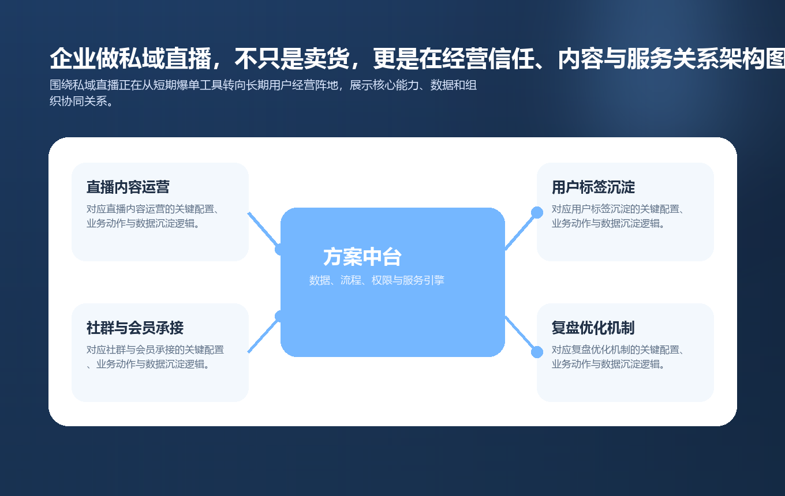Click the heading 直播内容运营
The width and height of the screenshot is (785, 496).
tap(128, 187)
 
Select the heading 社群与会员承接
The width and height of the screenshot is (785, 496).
tap(134, 328)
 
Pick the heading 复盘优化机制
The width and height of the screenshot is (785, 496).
tap(593, 328)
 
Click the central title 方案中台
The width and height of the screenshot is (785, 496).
tap(362, 257)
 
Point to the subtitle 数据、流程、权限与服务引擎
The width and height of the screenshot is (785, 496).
tap(376, 280)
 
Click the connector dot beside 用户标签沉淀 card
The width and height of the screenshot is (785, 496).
tap(537, 212)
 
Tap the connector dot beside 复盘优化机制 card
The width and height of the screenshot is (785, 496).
tap(537, 352)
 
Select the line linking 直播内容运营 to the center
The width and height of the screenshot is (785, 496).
tap(263, 229)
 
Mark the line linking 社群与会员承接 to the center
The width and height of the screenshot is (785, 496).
tap(263, 335)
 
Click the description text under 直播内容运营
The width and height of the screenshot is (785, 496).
tap(156, 216)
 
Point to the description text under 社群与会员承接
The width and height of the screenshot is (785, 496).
tap(155, 357)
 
